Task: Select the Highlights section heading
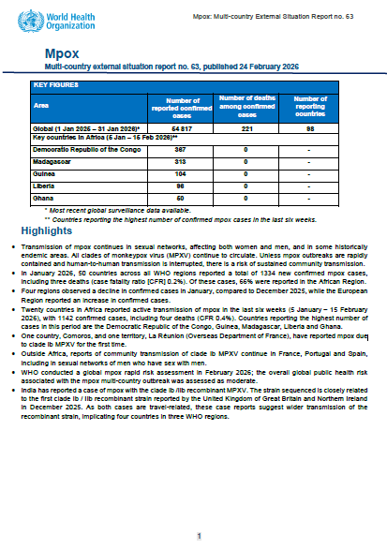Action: pyautogui.click(x=46, y=230)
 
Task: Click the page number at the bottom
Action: pyautogui.click(x=198, y=535)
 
